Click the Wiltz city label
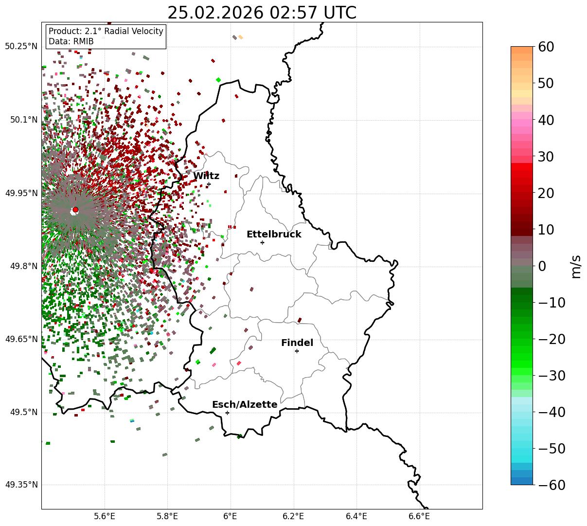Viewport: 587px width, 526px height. click(x=206, y=176)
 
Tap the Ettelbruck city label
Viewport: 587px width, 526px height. click(x=274, y=235)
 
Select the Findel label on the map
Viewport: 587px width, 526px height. click(x=297, y=343)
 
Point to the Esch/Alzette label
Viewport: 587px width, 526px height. click(x=245, y=405)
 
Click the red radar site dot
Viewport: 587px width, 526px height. click(x=75, y=210)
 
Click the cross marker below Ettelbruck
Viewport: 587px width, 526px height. click(x=262, y=242)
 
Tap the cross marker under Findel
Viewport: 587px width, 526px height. click(x=297, y=351)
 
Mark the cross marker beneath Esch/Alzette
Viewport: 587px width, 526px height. click(x=227, y=413)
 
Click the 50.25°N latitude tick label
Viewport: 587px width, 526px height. click(x=21, y=47)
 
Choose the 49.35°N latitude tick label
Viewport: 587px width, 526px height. click(x=21, y=485)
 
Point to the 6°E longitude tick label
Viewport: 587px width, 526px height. click(x=231, y=516)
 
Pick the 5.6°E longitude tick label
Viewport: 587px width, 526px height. click(x=105, y=516)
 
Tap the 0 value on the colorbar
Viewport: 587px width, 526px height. click(x=542, y=266)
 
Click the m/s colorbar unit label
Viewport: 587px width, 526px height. click(x=576, y=266)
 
